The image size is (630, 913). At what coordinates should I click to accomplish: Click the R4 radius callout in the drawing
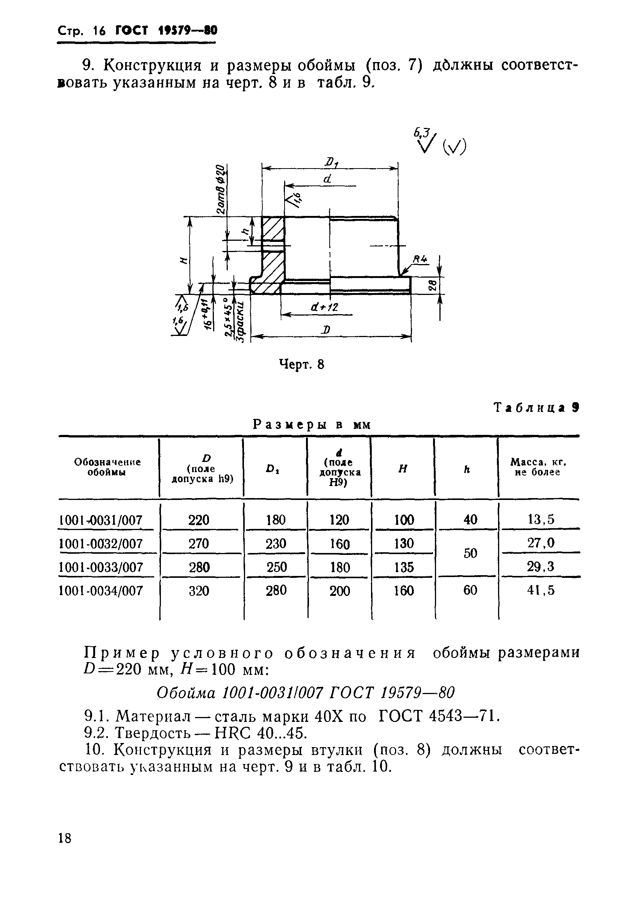coord(420,260)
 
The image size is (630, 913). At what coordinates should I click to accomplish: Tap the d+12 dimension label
coord(324,307)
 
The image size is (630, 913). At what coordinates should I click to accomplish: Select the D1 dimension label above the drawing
coord(330,162)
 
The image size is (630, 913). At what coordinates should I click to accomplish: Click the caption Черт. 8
coord(301,364)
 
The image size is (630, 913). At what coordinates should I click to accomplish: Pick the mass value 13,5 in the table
coord(541,519)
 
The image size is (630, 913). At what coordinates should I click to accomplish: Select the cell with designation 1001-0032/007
coord(101,544)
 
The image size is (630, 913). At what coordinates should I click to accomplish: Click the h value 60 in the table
coord(470,590)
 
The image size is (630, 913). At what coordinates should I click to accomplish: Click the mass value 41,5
coord(541,590)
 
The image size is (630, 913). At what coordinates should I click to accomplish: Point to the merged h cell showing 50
coord(470,553)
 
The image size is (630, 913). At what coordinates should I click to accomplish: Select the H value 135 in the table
coord(404,567)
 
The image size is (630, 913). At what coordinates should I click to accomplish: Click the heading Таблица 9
coord(536,407)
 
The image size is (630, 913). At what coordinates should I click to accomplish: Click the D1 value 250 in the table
coord(276,567)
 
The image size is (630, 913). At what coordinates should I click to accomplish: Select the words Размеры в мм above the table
coord(312,425)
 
